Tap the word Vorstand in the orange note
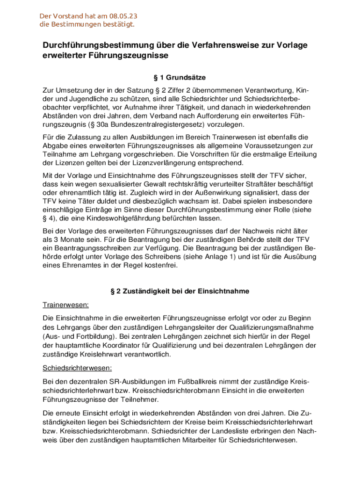point(65,16)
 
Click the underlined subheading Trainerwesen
point(66,305)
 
